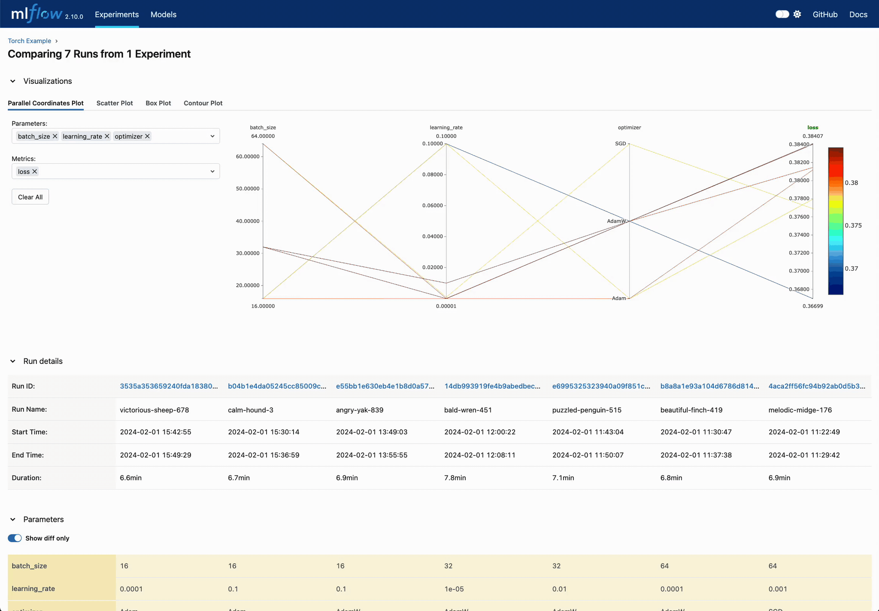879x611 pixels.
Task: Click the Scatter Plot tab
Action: (115, 103)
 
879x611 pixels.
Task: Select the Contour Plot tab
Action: (203, 103)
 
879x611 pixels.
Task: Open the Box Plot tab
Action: (158, 103)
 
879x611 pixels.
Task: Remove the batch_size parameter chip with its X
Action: (55, 136)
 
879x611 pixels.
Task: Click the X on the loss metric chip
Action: (35, 171)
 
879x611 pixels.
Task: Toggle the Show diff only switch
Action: (15, 538)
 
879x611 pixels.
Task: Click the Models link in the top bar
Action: (164, 15)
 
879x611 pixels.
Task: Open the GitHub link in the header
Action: (825, 15)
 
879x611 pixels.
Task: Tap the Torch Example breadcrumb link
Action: (30, 41)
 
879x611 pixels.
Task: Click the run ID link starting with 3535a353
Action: (169, 386)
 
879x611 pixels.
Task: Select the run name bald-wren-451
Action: (468, 410)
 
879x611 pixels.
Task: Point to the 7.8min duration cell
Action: (455, 478)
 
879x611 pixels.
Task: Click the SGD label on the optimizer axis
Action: (621, 144)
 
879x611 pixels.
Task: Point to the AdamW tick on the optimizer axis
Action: (616, 221)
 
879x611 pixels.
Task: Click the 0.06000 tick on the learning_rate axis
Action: (432, 205)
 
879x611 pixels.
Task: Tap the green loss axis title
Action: (813, 128)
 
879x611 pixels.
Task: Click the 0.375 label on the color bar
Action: (853, 226)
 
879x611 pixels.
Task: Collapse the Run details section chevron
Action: (13, 361)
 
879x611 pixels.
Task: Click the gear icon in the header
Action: (797, 15)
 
